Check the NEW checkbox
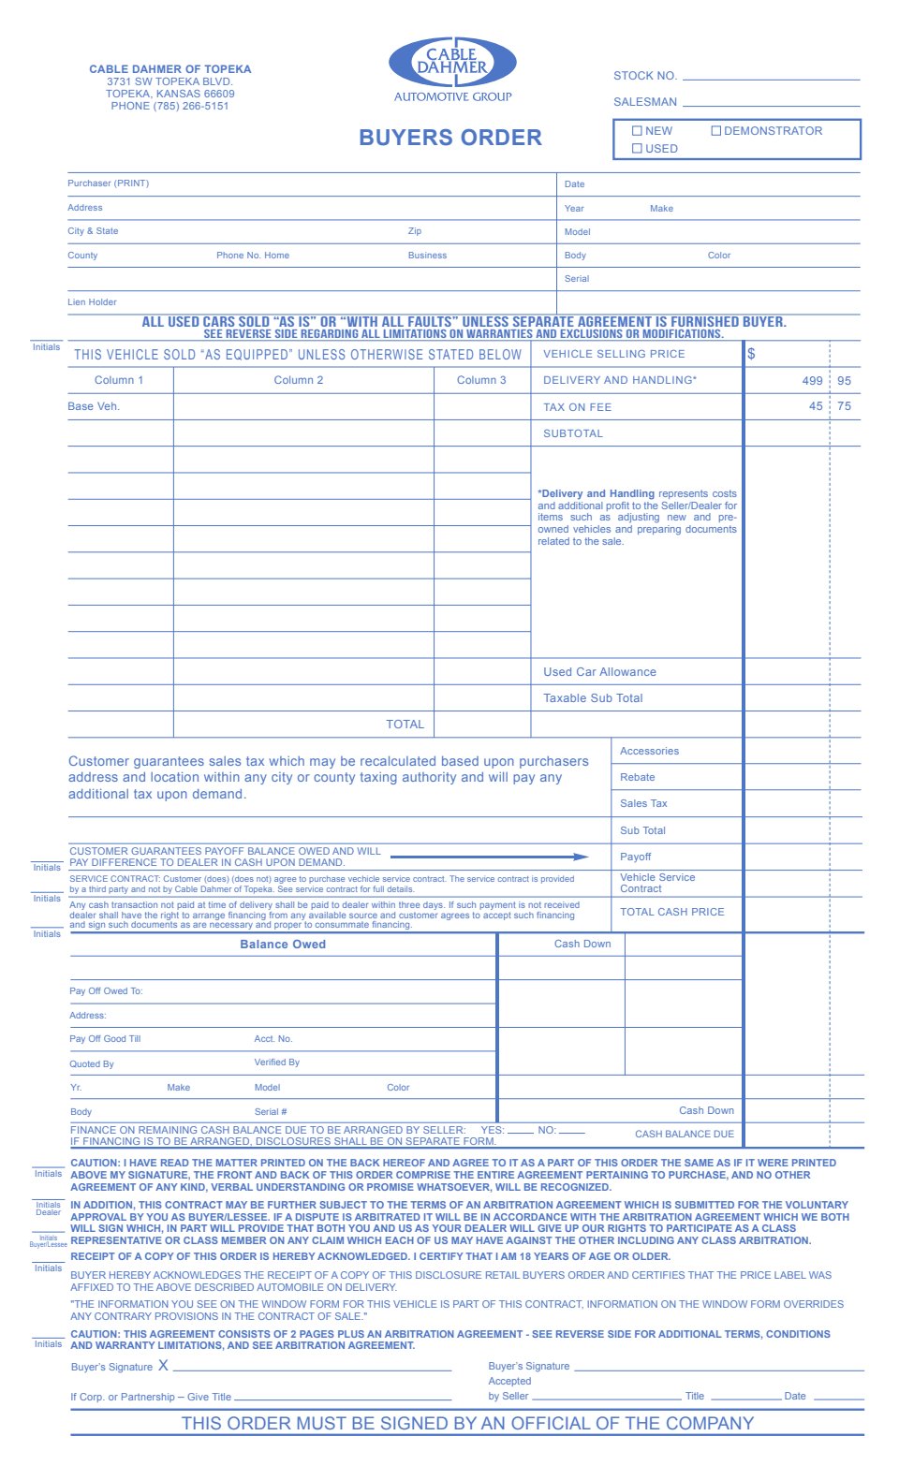(x=637, y=131)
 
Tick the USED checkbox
(x=637, y=149)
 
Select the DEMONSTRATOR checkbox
(x=715, y=131)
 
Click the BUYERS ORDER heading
(x=450, y=138)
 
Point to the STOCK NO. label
(x=645, y=76)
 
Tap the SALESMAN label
(x=645, y=102)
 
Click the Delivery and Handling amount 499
(x=812, y=381)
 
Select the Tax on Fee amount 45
(x=816, y=406)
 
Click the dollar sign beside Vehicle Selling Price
(x=751, y=354)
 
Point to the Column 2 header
(x=299, y=380)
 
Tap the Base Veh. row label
(x=94, y=406)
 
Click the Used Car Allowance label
(x=599, y=672)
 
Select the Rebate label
(x=637, y=777)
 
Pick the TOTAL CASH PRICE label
(x=671, y=912)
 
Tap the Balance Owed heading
(x=283, y=945)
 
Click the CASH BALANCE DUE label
(x=685, y=1134)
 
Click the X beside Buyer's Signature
(x=163, y=1366)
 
